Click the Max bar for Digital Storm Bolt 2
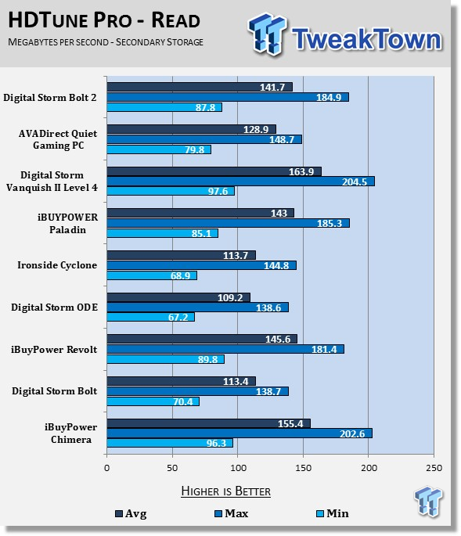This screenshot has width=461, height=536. (228, 98)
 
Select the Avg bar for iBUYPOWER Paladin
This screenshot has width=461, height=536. (200, 213)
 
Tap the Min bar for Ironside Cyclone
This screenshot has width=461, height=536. (152, 275)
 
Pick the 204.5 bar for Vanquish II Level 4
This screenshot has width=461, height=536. (241, 182)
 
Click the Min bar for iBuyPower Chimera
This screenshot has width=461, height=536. (170, 443)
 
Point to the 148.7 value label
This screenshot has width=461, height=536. (282, 139)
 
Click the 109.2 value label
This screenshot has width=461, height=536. (230, 298)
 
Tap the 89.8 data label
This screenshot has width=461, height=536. (207, 359)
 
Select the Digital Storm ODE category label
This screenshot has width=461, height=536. (54, 308)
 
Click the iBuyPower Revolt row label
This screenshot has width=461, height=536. (54, 349)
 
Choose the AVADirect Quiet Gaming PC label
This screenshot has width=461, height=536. (58, 139)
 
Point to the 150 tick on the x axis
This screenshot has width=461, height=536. (304, 468)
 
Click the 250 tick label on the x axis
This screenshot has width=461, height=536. (434, 468)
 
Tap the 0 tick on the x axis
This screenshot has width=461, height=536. (107, 468)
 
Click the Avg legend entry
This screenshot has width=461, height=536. (131, 513)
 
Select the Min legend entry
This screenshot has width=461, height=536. (333, 513)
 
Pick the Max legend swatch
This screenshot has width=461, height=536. (218, 514)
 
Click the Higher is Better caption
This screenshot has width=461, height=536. (225, 491)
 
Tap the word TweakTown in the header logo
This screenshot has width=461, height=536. (366, 38)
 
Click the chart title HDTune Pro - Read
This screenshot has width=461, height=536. (104, 20)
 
